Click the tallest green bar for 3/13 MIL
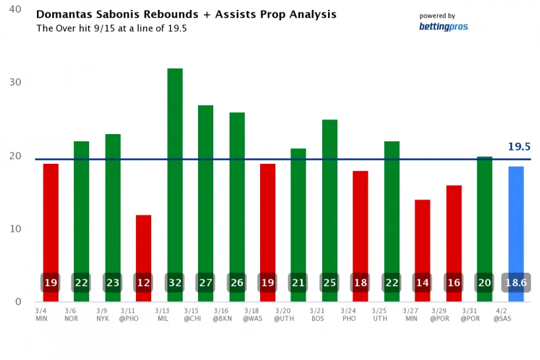coord(175,165)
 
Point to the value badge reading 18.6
coord(516,283)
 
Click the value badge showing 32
coord(175,283)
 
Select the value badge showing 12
coord(144,283)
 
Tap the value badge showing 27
coord(206,283)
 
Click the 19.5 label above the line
coord(520,147)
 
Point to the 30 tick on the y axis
coord(15,83)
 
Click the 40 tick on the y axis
coord(15,10)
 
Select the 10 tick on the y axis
coord(15,229)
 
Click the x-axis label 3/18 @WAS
coord(252,314)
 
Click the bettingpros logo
coord(443,27)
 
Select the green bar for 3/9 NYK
coord(113,211)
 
